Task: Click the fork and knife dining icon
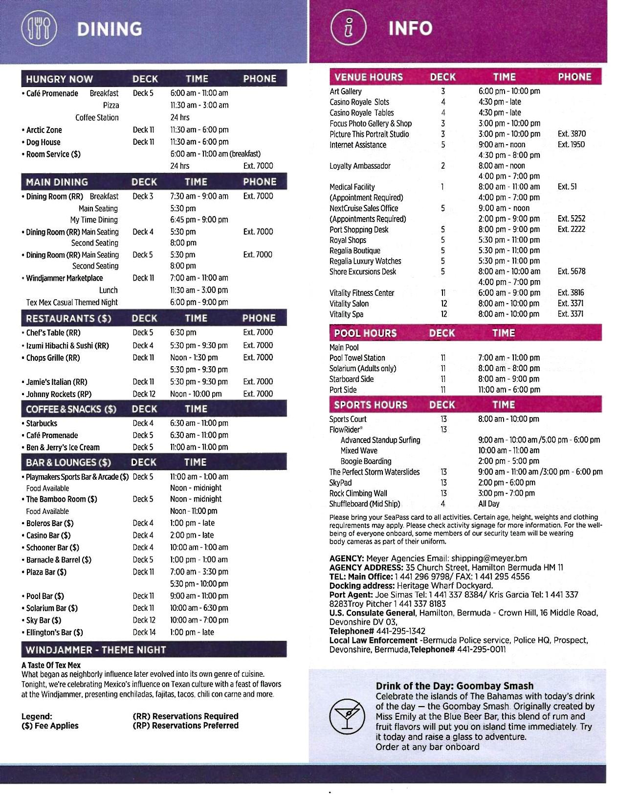[39, 28]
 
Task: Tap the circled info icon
[348, 28]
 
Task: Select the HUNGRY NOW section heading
[59, 79]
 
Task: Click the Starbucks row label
[42, 423]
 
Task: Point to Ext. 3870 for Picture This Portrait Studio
[572, 134]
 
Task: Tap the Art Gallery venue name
[346, 91]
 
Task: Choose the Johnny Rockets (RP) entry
[59, 394]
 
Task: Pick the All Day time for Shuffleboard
[489, 504]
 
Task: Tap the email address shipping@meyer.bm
[489, 558]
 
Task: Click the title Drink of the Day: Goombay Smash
[455, 686]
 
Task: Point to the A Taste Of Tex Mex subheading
[51, 665]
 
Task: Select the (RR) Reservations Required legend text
[185, 716]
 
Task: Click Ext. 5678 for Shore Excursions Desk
[572, 271]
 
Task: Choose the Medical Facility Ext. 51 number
[567, 187]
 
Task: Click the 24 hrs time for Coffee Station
[179, 117]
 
